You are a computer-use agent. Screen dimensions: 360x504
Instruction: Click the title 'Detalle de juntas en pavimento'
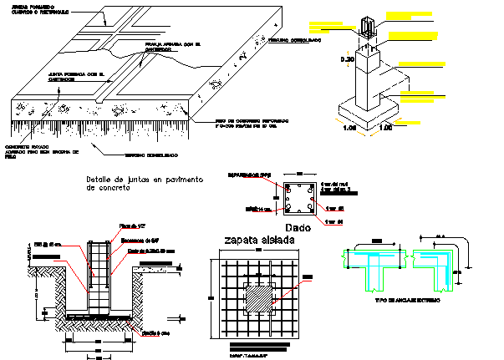point(145,181)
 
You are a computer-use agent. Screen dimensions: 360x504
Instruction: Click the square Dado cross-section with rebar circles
point(298,199)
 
